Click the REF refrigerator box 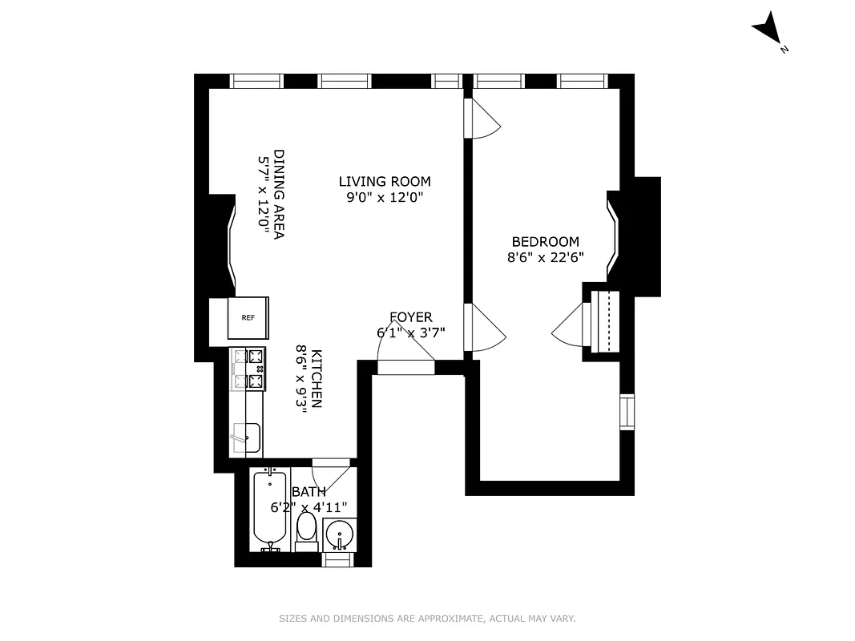point(248,317)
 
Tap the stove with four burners point(248,369)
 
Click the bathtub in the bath point(270,509)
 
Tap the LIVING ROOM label point(385,182)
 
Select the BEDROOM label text point(545,242)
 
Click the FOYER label point(410,317)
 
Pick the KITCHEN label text point(317,379)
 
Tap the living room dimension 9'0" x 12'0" point(385,197)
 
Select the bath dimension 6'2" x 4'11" point(309,506)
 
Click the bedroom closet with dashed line point(607,321)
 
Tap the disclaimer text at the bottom point(427,619)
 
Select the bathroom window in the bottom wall point(337,559)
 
